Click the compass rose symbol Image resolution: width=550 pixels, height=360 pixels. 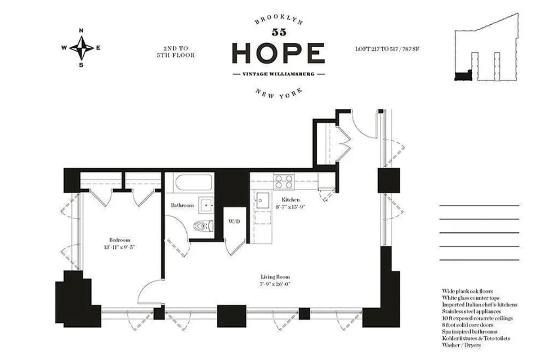[x=81, y=47]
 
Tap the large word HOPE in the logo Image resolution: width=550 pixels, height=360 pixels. [x=278, y=54]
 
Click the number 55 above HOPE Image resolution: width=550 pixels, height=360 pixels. [x=278, y=32]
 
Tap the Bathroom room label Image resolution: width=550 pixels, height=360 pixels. [x=182, y=205]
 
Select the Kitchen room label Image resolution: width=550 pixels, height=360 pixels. [x=291, y=199]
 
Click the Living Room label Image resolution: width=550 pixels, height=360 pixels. [x=275, y=277]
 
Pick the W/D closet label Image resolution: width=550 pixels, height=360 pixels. [x=234, y=221]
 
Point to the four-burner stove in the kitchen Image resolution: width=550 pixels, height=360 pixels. [x=284, y=181]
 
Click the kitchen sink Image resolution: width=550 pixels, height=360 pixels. [x=262, y=199]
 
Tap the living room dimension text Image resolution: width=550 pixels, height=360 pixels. [x=275, y=284]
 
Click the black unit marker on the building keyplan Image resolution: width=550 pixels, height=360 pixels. [x=462, y=76]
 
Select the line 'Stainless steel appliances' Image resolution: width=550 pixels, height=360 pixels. [x=471, y=311]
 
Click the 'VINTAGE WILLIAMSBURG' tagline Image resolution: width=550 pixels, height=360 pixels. [x=278, y=74]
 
